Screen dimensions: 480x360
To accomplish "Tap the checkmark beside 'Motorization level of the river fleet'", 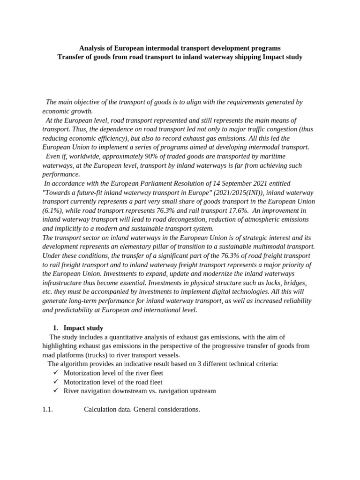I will click(55, 373).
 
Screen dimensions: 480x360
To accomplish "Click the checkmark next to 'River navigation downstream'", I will click(55, 390).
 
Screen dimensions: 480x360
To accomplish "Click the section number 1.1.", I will click(47, 409).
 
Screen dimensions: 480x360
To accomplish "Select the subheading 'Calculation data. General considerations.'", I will click(142, 409).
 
